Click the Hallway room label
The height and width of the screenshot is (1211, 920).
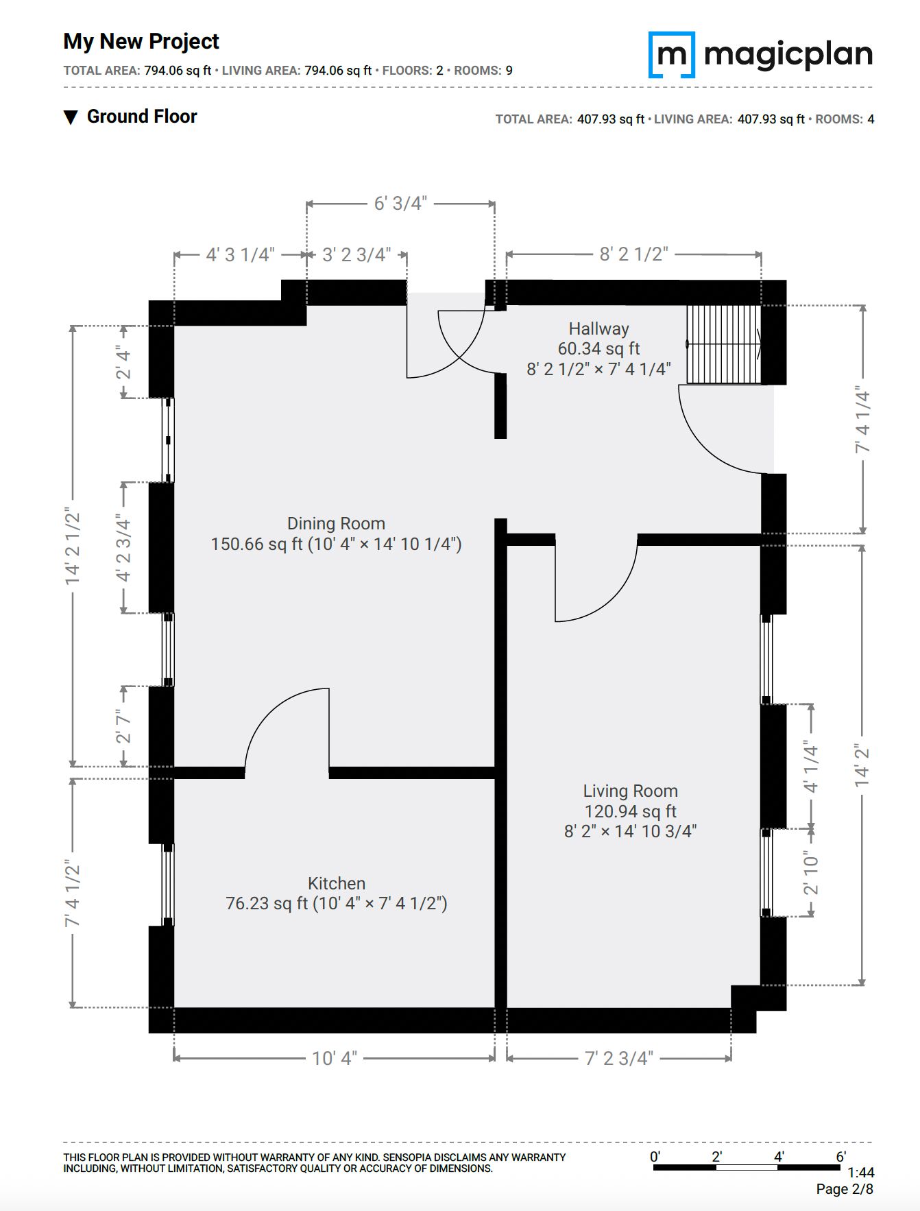[598, 328]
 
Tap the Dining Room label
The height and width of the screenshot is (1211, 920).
[336, 524]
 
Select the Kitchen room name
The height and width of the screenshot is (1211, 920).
[337, 883]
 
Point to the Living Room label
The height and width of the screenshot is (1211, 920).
[631, 791]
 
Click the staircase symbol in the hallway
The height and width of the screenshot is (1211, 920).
[724, 344]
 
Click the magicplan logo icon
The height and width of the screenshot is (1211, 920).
[672, 55]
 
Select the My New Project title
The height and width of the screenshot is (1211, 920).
[141, 42]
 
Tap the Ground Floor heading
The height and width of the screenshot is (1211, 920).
[142, 117]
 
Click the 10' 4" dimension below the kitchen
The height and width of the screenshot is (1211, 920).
[335, 1058]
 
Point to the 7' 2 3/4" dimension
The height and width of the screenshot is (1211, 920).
[619, 1058]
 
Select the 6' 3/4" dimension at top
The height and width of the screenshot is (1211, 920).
[400, 204]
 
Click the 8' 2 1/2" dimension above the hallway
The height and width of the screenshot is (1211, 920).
[633, 254]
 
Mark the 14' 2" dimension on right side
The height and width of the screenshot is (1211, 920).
[862, 765]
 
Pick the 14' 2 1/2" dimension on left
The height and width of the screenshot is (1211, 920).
[73, 547]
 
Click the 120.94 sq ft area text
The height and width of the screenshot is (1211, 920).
[631, 811]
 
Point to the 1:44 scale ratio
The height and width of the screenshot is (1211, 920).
[860, 1173]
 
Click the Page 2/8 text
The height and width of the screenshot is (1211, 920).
[845, 1190]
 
